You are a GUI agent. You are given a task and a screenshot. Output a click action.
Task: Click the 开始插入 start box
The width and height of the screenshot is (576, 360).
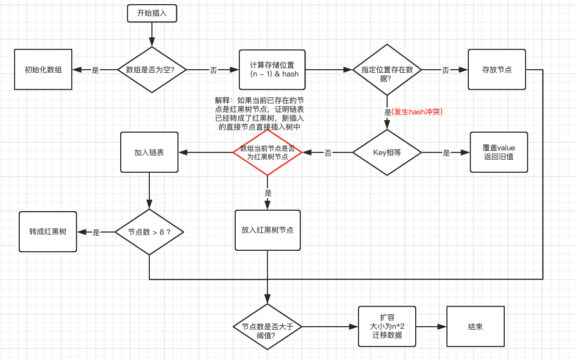pos(152,14)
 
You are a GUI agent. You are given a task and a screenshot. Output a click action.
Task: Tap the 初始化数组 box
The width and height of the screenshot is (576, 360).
pos(43,69)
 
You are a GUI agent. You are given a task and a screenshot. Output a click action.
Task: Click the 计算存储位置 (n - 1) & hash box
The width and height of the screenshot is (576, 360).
pos(272,69)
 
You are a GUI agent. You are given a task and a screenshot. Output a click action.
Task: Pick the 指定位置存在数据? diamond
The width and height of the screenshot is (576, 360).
pos(387,69)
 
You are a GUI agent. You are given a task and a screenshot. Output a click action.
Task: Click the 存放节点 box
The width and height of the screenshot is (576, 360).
pos(497,69)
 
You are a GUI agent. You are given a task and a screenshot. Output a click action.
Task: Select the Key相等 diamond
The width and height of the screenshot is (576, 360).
pos(387,153)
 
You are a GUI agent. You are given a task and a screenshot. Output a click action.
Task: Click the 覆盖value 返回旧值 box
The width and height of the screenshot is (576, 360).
pos(498,152)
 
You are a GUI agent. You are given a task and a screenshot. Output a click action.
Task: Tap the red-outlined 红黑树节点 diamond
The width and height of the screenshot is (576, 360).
pos(267,152)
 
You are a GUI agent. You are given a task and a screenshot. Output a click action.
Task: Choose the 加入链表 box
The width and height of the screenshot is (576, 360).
pos(149,152)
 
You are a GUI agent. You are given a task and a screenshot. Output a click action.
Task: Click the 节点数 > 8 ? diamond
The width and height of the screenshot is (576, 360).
pos(149,232)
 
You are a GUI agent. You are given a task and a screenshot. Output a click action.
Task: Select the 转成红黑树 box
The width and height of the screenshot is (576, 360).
pos(48,232)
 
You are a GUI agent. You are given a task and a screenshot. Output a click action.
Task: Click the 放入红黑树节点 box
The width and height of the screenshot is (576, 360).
pos(267,230)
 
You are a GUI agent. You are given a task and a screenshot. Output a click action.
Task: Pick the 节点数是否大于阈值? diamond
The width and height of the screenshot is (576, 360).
pos(267,327)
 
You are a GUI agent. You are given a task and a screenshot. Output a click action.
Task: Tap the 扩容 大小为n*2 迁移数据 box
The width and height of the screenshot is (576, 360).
pos(387,326)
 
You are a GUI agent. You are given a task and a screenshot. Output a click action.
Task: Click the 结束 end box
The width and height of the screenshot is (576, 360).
pos(475,327)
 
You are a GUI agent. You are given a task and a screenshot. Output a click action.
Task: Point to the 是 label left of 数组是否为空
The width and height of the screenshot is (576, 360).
pos(95,70)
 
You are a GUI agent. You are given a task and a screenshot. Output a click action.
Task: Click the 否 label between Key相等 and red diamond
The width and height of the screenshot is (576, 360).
pos(328,153)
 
